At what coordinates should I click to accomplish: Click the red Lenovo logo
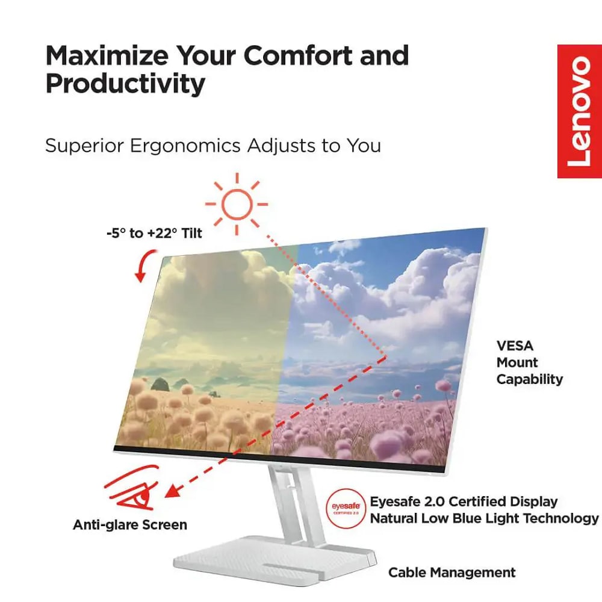pyautogui.click(x=579, y=111)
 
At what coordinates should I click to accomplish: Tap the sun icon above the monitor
pyautogui.click(x=237, y=204)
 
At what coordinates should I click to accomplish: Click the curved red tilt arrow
pyautogui.click(x=146, y=265)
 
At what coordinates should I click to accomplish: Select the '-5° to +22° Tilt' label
pyautogui.click(x=154, y=233)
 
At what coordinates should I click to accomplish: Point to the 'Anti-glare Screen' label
pyautogui.click(x=130, y=524)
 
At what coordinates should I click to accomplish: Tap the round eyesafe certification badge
pyautogui.click(x=346, y=509)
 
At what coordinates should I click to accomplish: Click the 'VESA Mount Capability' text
pyautogui.click(x=529, y=362)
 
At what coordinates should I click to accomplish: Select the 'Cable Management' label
pyautogui.click(x=452, y=573)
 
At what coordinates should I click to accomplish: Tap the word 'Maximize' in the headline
pyautogui.click(x=107, y=55)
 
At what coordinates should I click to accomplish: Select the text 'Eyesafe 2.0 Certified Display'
pyautogui.click(x=464, y=501)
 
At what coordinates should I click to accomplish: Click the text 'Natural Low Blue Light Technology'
pyautogui.click(x=484, y=518)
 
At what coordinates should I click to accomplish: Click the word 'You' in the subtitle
pyautogui.click(x=364, y=146)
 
